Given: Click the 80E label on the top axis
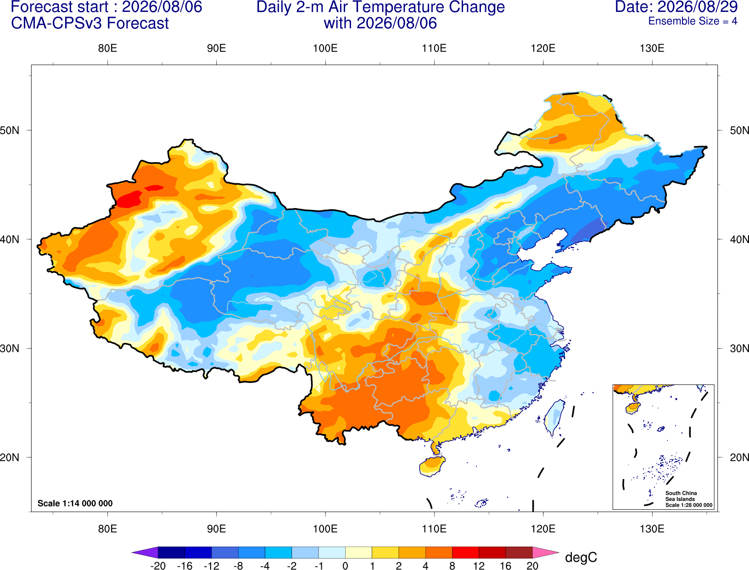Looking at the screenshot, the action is coord(107,48).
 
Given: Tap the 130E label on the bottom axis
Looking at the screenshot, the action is coord(652,529).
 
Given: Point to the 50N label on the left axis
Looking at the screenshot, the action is coord(10,130).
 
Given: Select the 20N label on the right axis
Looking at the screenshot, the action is coord(739,457).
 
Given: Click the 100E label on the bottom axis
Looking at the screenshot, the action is coord(325,529).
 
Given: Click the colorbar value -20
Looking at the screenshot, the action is coord(158,566).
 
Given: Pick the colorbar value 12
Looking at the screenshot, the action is coord(479,566).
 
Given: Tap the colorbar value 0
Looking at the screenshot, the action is coord(345,566).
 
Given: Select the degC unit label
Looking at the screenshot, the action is coord(581,557).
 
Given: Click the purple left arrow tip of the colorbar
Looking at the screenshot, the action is coord(132,552).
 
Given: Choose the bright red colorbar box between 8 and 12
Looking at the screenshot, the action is coord(465,552).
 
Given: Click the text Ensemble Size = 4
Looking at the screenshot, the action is coord(693,21).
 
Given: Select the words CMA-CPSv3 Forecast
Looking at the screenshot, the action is coord(90,23).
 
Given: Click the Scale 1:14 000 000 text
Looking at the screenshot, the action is coord(75,503).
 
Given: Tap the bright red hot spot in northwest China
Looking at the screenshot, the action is coord(129,199).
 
